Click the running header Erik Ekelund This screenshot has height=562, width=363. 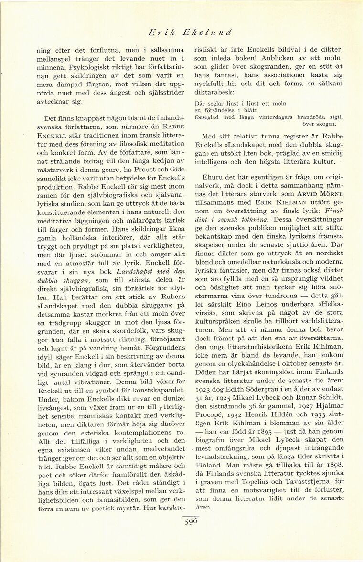190,32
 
